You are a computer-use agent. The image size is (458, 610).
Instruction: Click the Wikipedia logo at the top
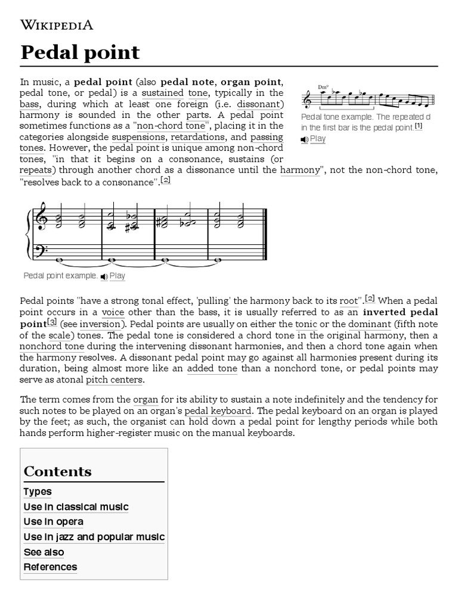57,24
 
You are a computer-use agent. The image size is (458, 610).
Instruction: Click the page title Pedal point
80,52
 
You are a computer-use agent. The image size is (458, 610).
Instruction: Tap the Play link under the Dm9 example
318,139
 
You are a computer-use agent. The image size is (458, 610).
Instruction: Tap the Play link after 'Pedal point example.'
117,276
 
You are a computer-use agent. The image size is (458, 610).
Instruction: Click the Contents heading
57,471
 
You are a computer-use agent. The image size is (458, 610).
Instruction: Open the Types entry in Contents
38,491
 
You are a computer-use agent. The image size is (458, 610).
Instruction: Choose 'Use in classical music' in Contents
76,506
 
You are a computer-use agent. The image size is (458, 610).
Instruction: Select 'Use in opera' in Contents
53,522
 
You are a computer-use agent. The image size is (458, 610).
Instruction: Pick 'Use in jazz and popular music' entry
94,537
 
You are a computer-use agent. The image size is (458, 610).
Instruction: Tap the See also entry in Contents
44,552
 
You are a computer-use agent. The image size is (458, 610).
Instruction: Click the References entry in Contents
50,567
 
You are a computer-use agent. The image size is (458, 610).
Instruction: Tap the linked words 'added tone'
212,369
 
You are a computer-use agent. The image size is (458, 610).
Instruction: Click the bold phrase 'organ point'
250,82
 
